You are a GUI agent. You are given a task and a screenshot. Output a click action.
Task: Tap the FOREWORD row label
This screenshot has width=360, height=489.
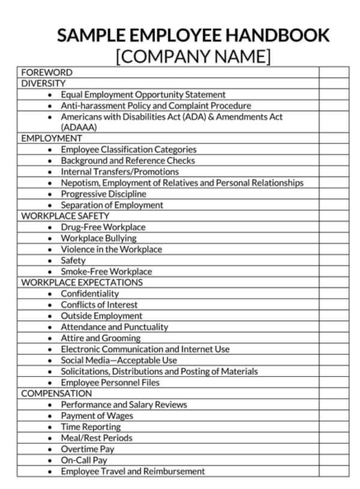(46, 72)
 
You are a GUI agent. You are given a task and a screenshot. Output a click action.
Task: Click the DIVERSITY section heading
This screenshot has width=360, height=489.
(44, 83)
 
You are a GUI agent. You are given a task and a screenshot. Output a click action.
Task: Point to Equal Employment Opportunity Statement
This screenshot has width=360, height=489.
(143, 95)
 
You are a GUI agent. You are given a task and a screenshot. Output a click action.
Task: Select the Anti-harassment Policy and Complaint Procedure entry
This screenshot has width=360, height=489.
(156, 105)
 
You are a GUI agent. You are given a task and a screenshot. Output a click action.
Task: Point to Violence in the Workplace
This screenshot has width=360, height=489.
(111, 249)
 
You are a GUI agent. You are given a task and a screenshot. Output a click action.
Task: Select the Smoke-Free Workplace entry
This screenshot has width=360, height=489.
(112, 271)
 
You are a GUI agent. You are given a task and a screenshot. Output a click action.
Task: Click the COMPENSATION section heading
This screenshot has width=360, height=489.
(57, 394)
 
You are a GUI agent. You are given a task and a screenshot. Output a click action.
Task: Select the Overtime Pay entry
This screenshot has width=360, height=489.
(87, 449)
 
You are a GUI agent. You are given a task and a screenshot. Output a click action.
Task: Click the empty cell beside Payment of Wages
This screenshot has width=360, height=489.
(333, 416)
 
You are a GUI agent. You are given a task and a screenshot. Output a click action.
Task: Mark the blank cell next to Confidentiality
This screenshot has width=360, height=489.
(333, 293)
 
